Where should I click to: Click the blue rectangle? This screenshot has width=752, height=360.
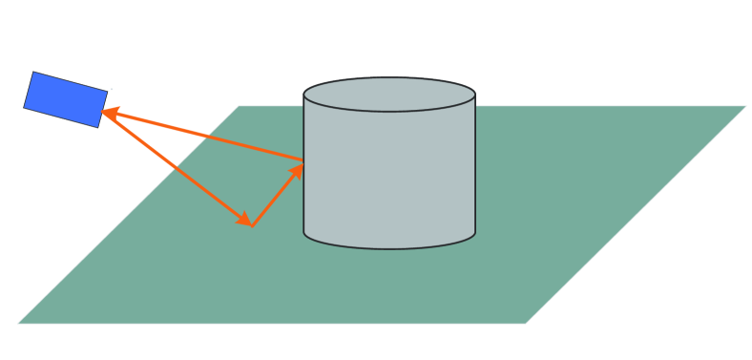pos(66,99)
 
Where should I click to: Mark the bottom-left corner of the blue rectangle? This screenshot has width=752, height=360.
pos(24,108)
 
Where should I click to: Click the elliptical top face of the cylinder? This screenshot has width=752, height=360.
pos(389,95)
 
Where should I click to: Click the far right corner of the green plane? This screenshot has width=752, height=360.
pos(745,106)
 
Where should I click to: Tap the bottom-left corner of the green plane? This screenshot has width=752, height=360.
pos(18,323)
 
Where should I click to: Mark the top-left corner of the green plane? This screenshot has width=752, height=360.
pos(239,106)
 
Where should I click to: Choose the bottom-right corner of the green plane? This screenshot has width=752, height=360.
pos(526,323)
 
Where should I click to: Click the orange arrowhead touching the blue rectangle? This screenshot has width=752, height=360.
pos(109,114)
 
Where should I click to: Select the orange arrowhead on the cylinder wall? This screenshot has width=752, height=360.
pos(298,171)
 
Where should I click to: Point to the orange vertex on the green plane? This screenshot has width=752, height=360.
pos(251,225)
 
